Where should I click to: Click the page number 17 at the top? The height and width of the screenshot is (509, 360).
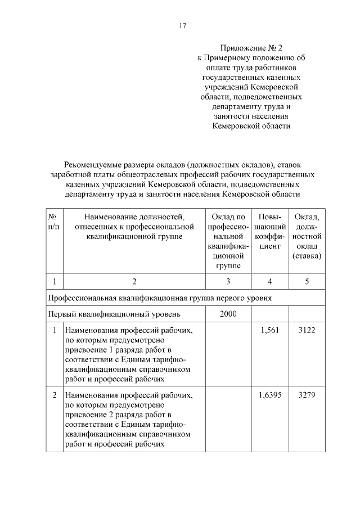click(x=182, y=26)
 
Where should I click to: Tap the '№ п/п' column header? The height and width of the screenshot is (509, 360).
click(x=54, y=221)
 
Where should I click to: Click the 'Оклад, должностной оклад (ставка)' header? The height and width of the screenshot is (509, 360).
click(x=307, y=236)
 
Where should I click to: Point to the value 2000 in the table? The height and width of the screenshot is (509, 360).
click(x=228, y=313)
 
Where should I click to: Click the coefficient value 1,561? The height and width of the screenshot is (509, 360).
click(x=270, y=330)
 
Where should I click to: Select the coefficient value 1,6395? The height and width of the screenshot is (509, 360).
click(x=270, y=395)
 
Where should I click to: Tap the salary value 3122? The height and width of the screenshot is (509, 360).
click(x=307, y=330)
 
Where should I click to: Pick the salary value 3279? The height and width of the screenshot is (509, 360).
click(x=307, y=395)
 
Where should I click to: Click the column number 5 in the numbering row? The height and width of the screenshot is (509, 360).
click(x=307, y=281)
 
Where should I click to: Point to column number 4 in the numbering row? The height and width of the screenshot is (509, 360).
click(x=270, y=281)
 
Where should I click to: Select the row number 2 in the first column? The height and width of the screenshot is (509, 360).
click(x=54, y=395)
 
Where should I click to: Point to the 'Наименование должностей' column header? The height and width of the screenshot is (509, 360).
click(x=134, y=216)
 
